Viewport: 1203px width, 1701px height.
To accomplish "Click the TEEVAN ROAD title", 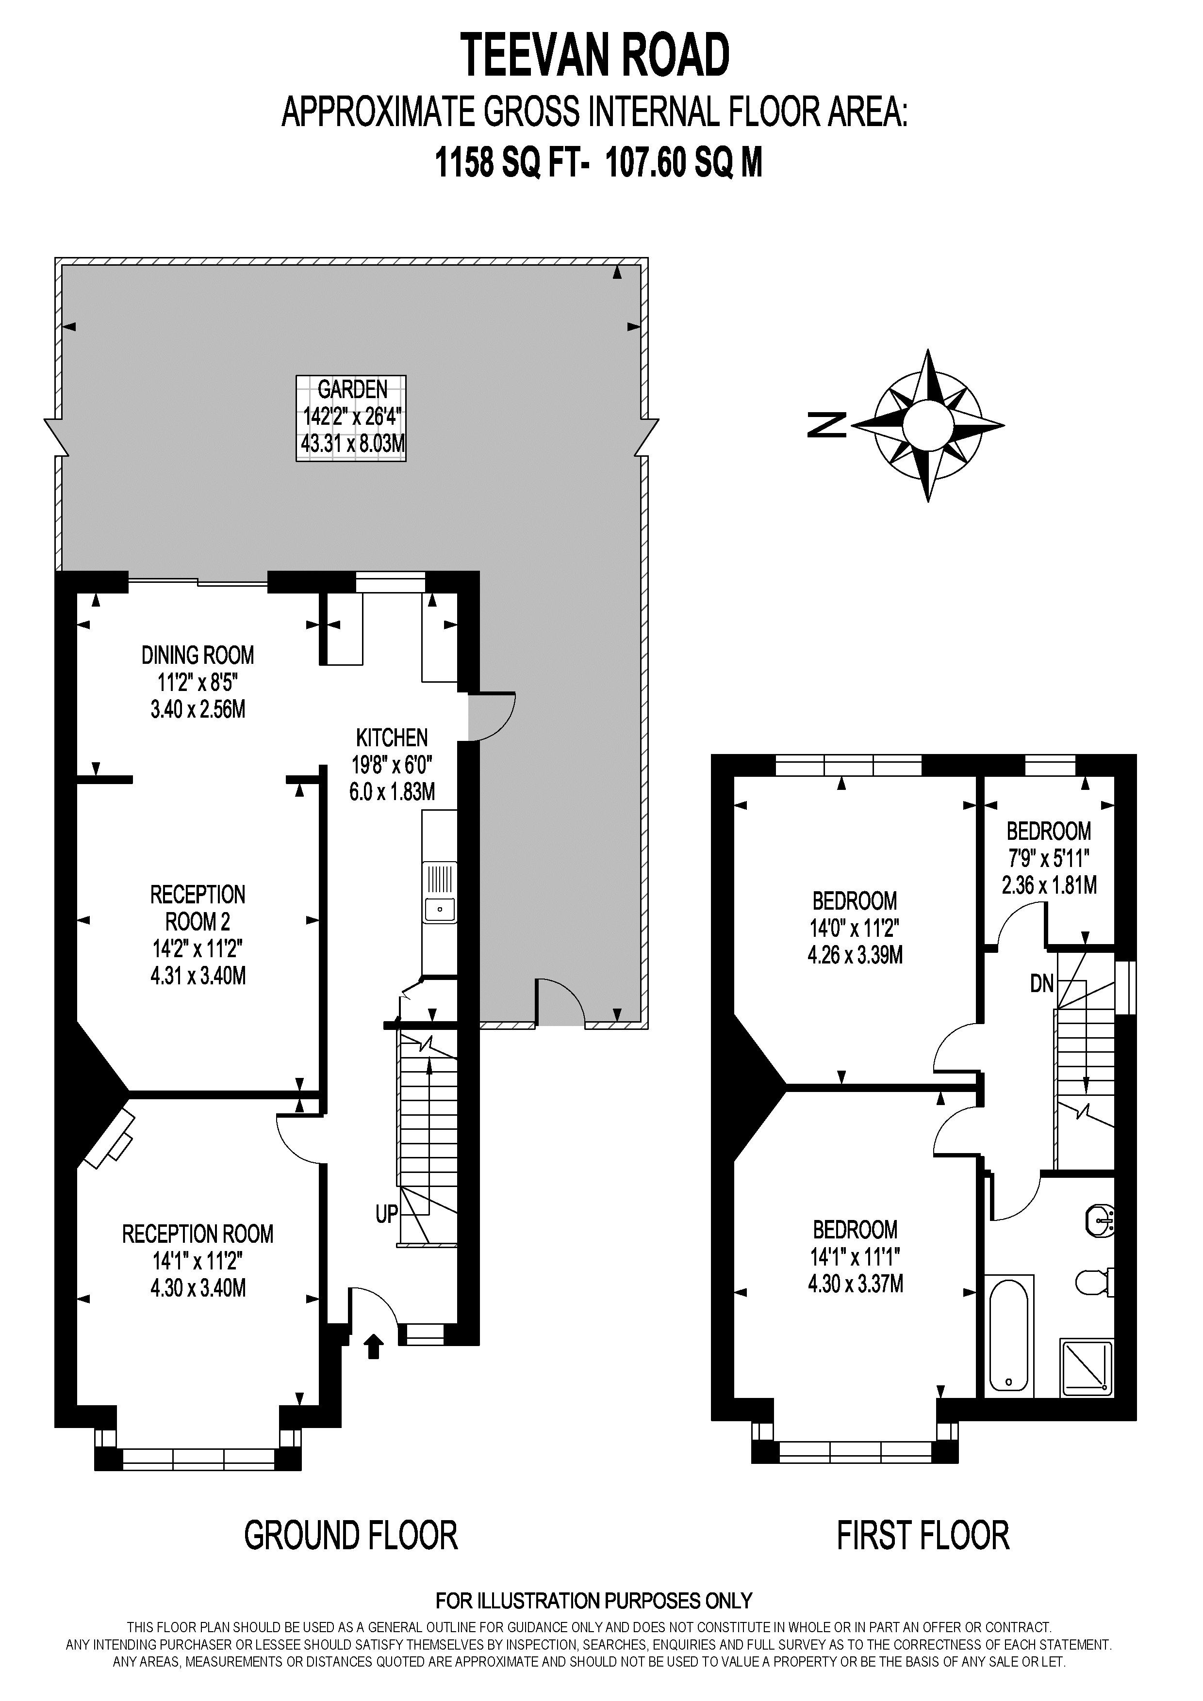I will coord(596,56).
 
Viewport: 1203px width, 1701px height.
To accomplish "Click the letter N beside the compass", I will coord(827,424).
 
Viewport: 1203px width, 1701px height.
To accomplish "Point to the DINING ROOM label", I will coord(198,682).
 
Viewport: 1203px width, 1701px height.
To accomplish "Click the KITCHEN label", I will coord(392,765).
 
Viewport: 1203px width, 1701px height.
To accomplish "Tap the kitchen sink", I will coord(440,893).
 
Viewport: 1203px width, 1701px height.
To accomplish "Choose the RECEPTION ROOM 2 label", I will coord(198,935).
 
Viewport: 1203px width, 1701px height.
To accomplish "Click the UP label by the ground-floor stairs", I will coord(386,1214).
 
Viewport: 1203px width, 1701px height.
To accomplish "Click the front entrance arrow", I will coord(374,1346).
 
